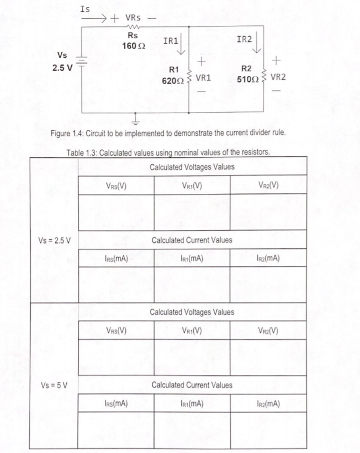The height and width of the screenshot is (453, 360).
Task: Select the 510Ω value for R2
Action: click(246, 79)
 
